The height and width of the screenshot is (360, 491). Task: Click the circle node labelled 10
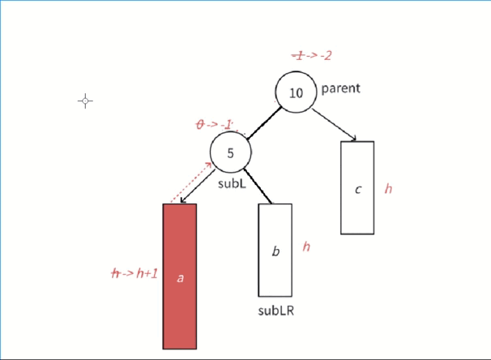point(296,92)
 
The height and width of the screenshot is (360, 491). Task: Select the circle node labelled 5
point(230,152)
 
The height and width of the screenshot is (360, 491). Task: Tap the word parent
point(340,88)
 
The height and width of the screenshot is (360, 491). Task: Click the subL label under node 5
point(231,183)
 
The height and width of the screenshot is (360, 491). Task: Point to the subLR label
point(275,311)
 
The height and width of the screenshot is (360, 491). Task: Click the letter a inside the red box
point(180,277)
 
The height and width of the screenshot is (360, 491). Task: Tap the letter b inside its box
point(275,251)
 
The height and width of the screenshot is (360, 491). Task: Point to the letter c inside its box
point(358,190)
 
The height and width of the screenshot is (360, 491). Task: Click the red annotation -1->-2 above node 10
point(312,56)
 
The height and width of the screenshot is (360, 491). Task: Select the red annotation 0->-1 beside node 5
point(215,124)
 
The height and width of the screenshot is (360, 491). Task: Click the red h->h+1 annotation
point(134,273)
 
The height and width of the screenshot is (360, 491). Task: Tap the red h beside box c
point(388,189)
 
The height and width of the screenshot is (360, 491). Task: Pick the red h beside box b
point(305,246)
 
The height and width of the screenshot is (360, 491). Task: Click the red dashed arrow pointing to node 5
point(190,182)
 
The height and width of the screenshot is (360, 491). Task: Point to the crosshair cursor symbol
point(85,101)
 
